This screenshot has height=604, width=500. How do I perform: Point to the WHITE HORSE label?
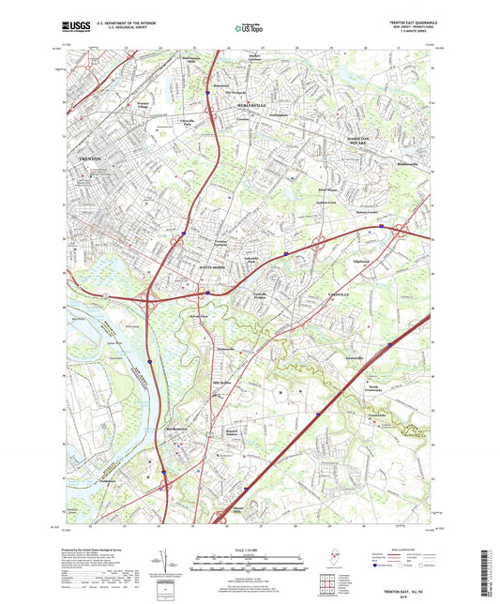pyautogui.click(x=214, y=268)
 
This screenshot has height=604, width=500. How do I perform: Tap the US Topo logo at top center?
pyautogui.click(x=248, y=29)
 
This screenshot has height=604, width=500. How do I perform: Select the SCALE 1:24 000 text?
pyautogui.click(x=247, y=548)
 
